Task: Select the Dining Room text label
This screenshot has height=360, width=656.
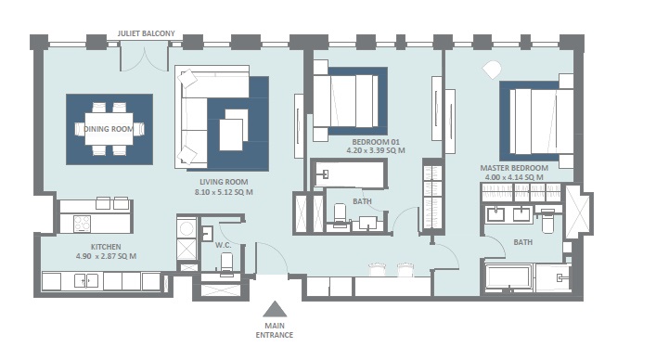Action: click(x=109, y=129)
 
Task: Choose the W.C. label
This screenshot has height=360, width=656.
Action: click(x=223, y=245)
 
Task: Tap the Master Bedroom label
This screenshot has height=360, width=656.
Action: click(x=513, y=168)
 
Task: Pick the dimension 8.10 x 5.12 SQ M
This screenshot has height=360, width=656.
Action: click(x=224, y=192)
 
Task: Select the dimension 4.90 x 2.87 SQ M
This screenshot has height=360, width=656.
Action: click(x=107, y=255)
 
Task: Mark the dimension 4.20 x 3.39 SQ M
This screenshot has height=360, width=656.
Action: click(x=377, y=149)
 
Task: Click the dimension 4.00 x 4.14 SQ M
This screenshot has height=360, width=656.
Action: click(x=513, y=177)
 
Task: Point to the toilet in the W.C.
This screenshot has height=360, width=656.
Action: click(x=225, y=264)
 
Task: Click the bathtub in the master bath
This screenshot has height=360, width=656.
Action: click(x=508, y=277)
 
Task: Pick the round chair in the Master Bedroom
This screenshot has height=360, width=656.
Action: click(x=490, y=67)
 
